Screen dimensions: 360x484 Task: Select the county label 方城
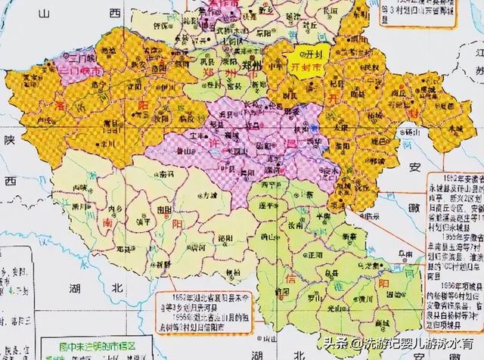(x=198, y=195)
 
